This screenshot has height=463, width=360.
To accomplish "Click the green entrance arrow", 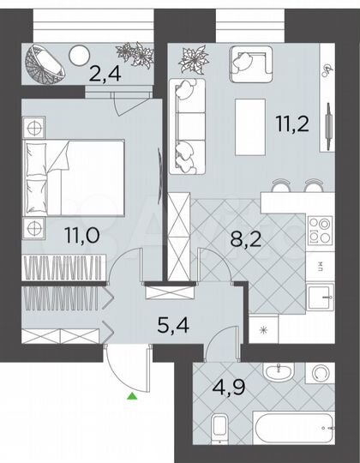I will [x=131, y=396].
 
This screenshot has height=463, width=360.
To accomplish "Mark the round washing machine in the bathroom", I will [x=321, y=375].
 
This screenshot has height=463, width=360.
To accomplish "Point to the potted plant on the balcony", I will [x=134, y=56].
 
